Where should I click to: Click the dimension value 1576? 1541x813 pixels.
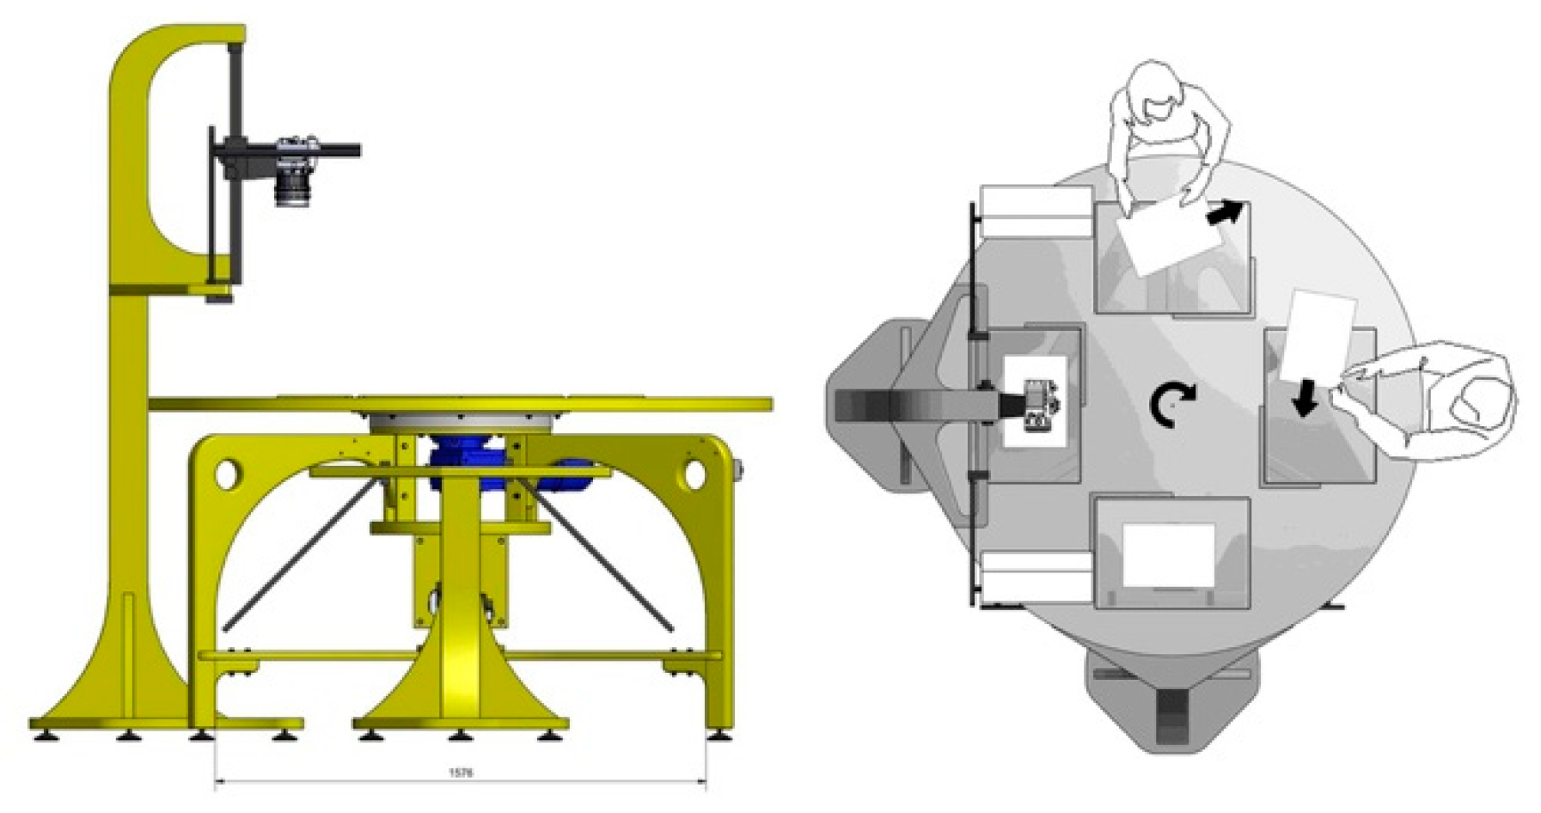(461, 773)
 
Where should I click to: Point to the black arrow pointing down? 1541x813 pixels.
(1305, 399)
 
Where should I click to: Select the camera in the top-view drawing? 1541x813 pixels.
(1039, 404)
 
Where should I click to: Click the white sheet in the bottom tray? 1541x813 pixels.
(1169, 554)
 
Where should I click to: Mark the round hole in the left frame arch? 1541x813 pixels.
(226, 474)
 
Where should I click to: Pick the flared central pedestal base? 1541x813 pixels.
(460, 696)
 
